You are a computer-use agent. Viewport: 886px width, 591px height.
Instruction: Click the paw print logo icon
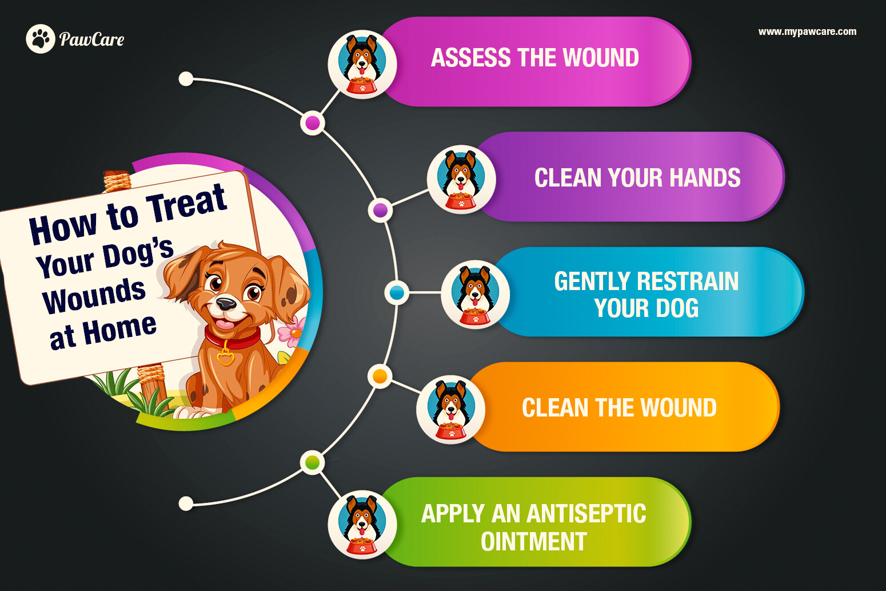click(41, 39)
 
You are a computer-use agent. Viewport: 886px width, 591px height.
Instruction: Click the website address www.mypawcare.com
click(807, 31)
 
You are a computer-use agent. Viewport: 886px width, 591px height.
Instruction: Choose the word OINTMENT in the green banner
click(533, 542)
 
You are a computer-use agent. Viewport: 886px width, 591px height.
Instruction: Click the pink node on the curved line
click(313, 123)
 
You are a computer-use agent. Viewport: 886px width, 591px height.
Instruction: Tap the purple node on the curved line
click(380, 210)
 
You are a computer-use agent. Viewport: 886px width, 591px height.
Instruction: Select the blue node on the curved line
click(397, 293)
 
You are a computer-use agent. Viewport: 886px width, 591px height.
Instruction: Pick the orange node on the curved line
click(380, 376)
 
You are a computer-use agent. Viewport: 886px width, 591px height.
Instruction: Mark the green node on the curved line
click(313, 462)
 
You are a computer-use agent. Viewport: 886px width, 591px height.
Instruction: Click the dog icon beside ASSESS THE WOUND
click(362, 64)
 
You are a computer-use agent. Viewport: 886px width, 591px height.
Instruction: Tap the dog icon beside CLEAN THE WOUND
click(451, 409)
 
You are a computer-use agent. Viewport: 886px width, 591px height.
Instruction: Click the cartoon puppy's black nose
click(226, 304)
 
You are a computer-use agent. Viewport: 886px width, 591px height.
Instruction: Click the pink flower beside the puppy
click(292, 332)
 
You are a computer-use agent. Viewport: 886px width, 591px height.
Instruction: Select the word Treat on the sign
click(186, 204)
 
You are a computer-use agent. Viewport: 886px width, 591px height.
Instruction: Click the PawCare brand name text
click(91, 39)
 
